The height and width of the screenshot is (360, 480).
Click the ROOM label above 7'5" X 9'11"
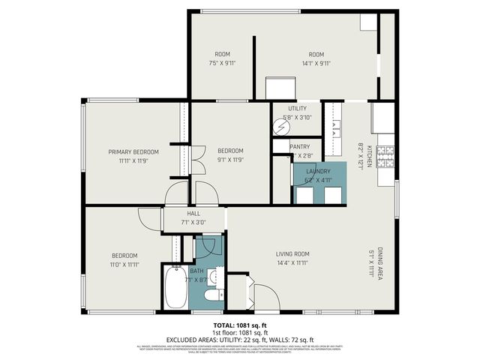point(222,54)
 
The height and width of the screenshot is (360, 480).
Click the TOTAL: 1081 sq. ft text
point(240,324)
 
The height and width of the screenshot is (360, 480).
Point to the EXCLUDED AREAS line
point(240,339)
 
